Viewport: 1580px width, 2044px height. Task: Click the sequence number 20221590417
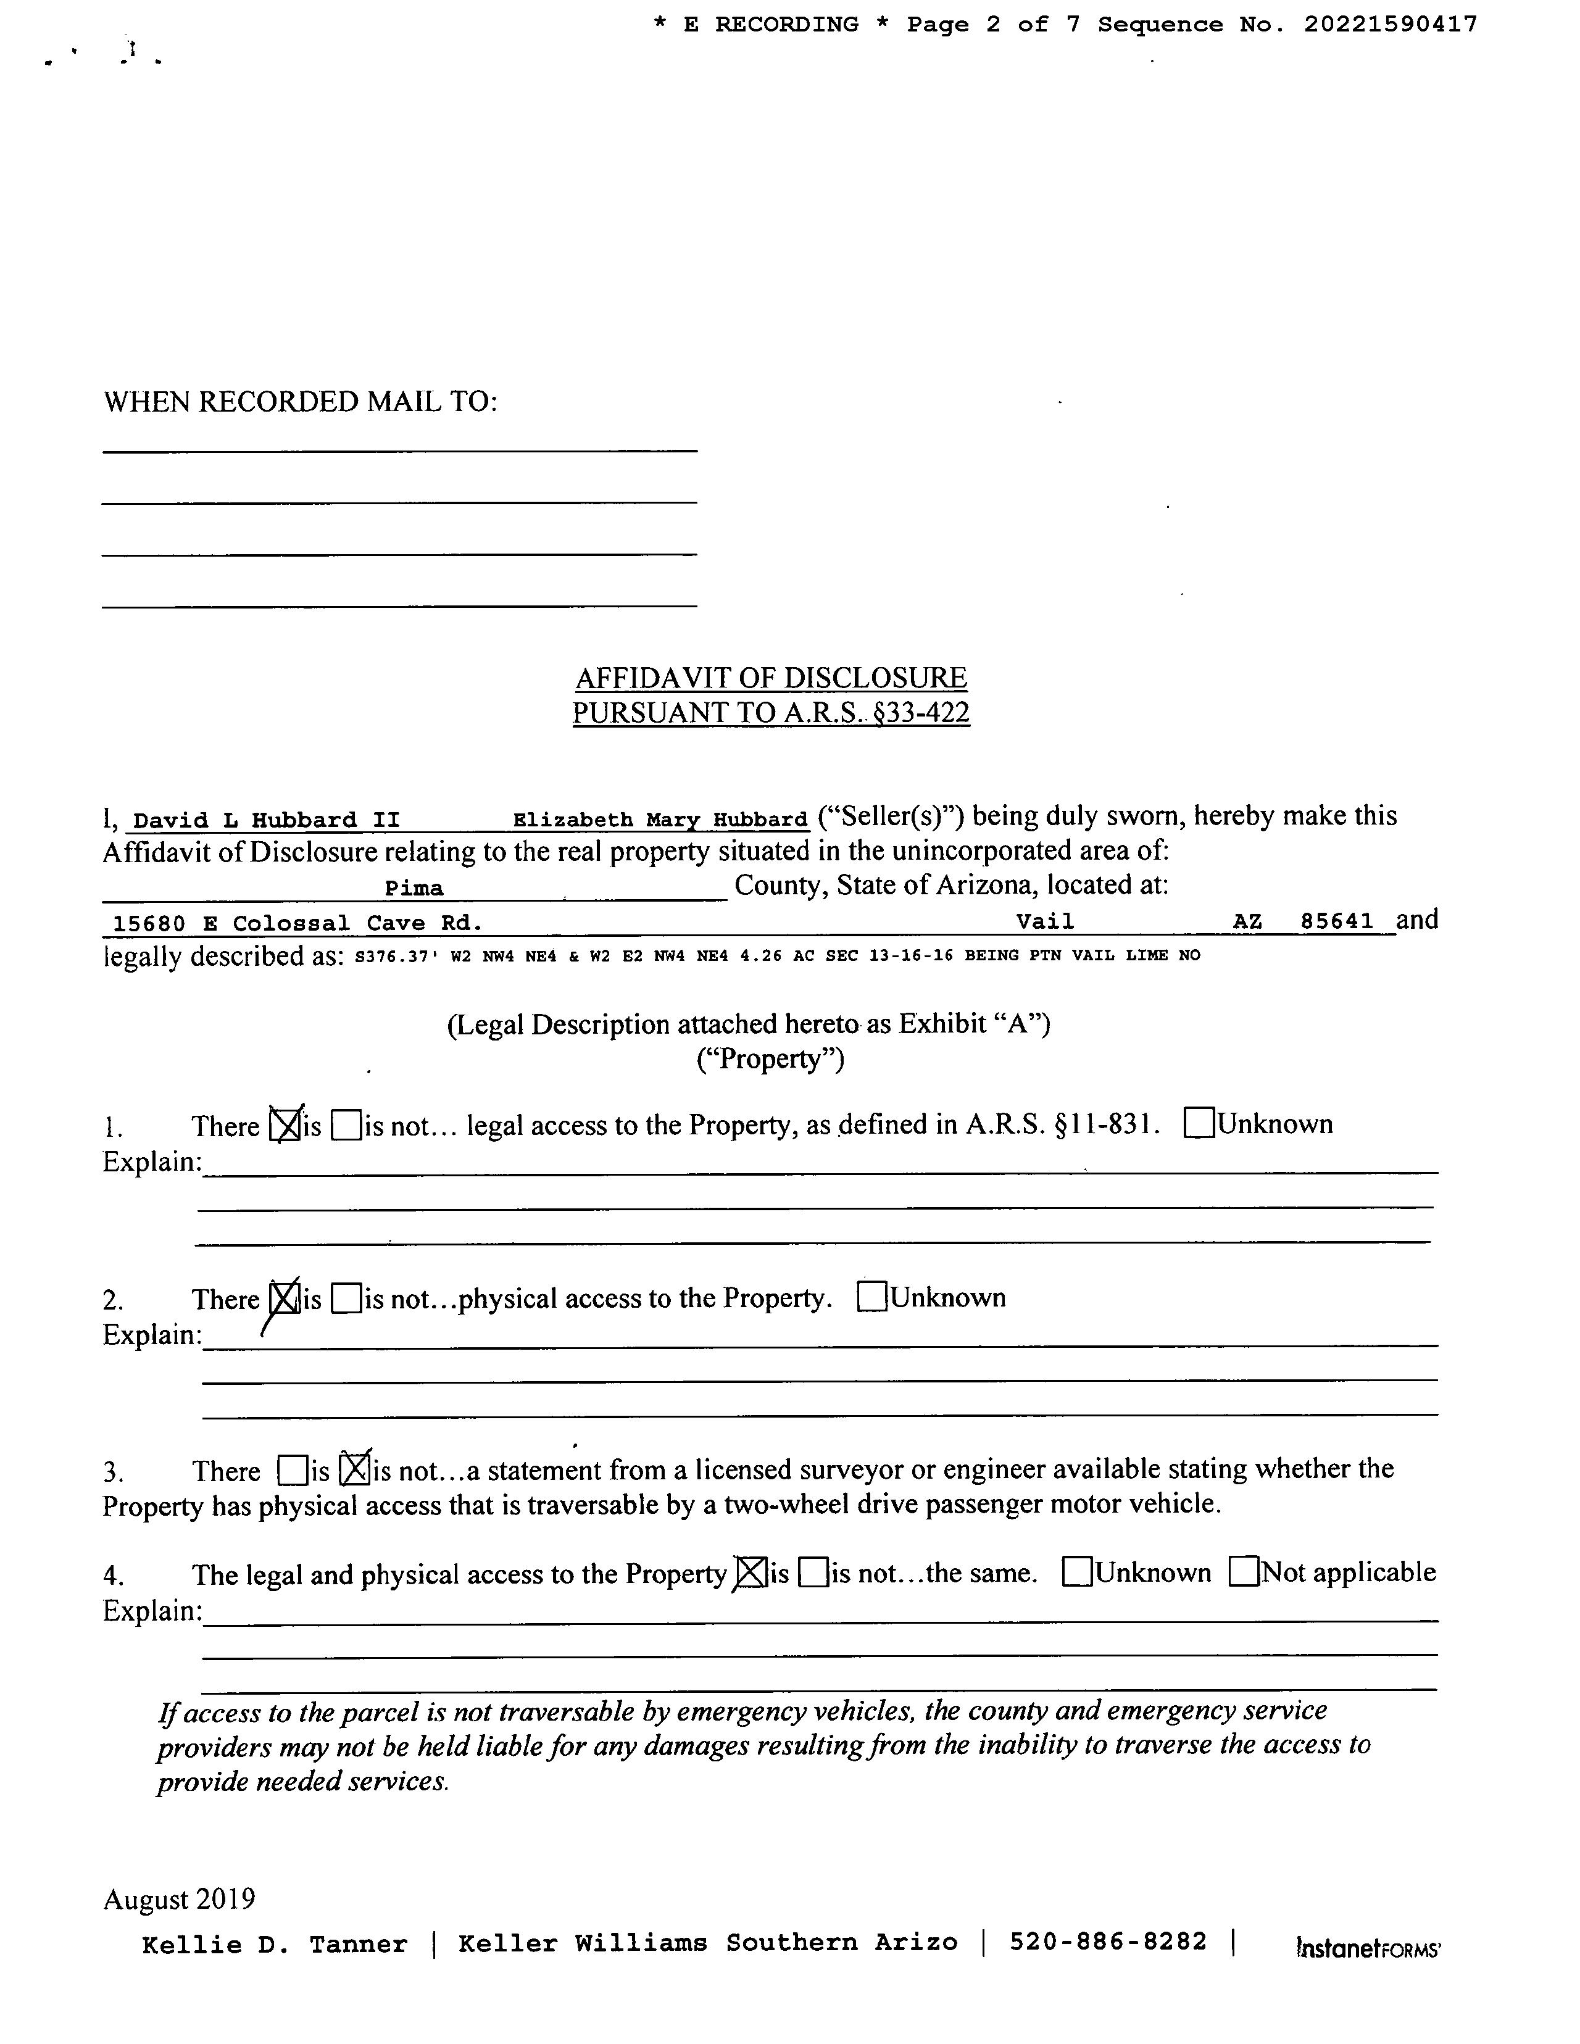(x=1391, y=24)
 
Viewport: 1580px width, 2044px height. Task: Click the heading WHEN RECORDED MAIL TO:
(x=301, y=402)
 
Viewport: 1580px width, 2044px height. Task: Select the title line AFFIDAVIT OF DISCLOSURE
(x=771, y=678)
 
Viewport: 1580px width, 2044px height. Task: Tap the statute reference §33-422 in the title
(x=920, y=713)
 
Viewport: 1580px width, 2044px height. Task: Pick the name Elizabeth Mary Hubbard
(x=660, y=820)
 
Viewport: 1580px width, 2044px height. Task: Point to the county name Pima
(x=414, y=888)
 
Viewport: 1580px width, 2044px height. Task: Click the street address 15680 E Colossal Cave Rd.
(x=297, y=924)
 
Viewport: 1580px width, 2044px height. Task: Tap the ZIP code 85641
(x=1337, y=921)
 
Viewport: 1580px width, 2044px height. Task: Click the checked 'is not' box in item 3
(x=354, y=1469)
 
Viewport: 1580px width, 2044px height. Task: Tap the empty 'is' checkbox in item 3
(x=292, y=1471)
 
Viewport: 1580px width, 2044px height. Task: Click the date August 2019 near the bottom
(x=179, y=1899)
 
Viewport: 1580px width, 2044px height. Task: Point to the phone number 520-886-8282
(x=1108, y=1942)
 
